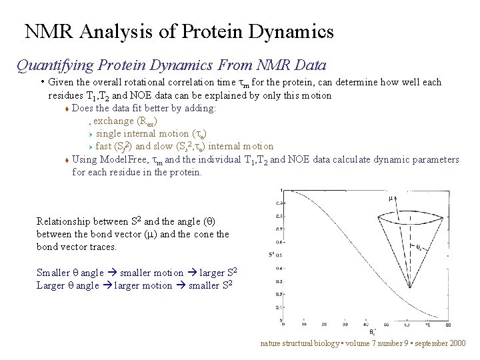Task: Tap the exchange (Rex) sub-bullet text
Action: (125, 121)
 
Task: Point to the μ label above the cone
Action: (391, 197)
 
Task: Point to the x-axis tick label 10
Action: (304, 325)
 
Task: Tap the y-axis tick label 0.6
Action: (279, 242)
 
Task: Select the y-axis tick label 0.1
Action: (279, 307)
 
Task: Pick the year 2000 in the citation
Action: (459, 343)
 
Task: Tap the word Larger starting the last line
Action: (51, 285)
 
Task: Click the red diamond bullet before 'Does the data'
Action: (67, 109)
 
